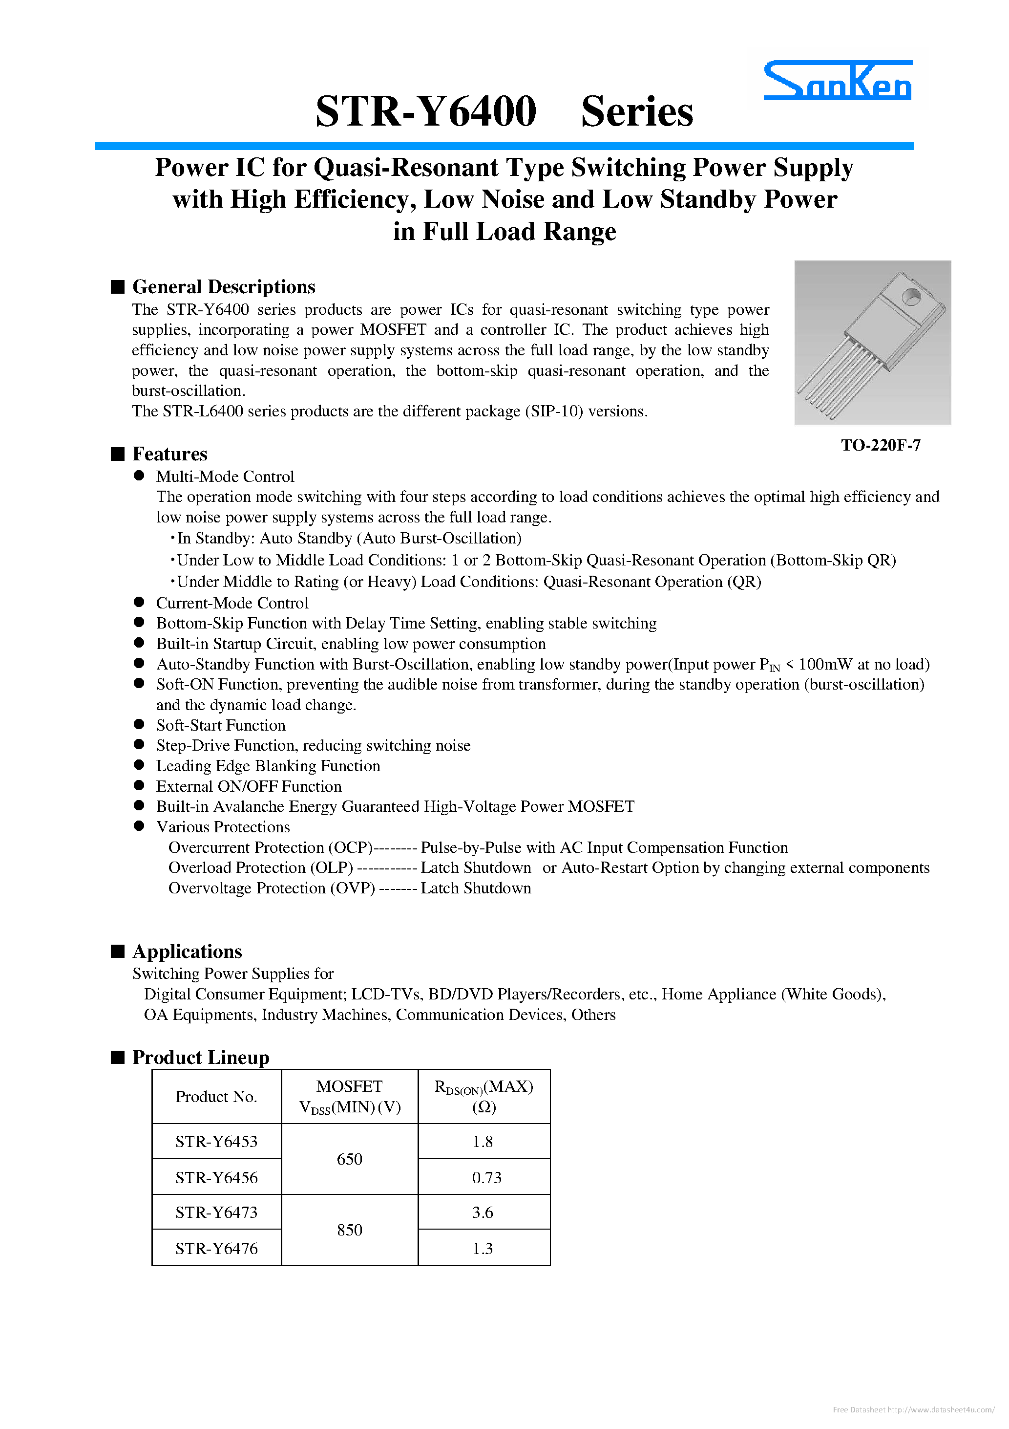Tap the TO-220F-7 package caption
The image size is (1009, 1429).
880,445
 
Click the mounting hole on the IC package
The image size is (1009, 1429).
911,297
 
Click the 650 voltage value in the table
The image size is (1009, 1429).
349,1159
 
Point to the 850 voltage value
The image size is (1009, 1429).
349,1230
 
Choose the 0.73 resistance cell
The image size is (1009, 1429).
486,1177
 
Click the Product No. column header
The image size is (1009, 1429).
216,1097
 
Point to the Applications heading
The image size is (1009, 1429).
187,951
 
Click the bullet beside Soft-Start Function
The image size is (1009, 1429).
139,724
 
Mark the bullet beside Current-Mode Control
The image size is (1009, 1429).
139,603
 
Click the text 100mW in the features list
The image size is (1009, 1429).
825,664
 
